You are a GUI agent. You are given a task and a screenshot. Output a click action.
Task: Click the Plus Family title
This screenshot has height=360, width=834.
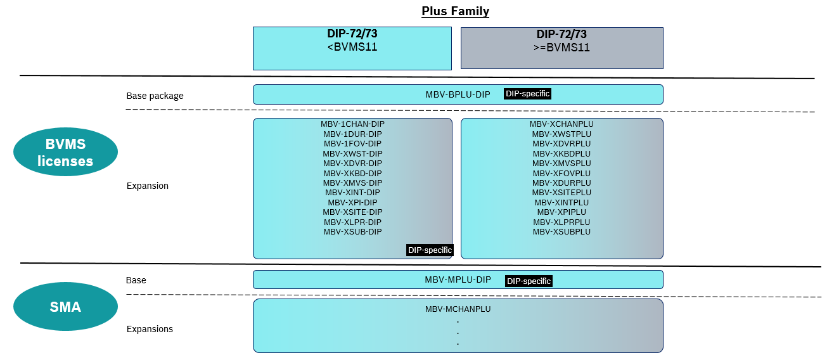point(455,11)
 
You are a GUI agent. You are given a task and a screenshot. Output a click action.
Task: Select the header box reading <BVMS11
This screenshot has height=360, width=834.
point(352,48)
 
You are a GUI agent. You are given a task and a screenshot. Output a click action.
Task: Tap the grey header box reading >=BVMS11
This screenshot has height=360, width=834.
point(561,48)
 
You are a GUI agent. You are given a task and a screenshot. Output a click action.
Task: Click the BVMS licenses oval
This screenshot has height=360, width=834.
point(65,153)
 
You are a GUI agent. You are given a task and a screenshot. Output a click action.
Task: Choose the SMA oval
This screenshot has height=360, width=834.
point(65,307)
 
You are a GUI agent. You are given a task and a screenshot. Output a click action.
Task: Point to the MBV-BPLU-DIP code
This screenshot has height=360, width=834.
point(458,94)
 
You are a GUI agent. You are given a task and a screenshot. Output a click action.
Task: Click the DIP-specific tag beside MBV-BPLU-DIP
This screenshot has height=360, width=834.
point(527,94)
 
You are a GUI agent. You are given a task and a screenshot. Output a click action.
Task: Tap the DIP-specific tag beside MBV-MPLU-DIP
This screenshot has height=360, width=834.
point(529,281)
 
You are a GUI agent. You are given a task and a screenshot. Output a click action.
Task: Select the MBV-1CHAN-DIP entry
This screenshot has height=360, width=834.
point(352,124)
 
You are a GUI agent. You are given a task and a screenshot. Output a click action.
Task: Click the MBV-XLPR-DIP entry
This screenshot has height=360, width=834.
point(352,222)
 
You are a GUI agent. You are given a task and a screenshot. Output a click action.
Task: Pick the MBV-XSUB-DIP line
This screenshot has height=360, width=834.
point(352,232)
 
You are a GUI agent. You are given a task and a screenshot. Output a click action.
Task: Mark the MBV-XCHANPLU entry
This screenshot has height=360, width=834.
point(561,124)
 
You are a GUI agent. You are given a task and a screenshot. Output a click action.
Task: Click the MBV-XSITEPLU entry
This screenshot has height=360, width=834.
point(561,193)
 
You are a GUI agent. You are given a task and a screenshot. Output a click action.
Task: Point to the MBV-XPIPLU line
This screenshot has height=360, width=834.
point(561,212)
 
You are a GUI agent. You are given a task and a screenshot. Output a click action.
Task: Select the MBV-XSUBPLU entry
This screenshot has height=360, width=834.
point(561,232)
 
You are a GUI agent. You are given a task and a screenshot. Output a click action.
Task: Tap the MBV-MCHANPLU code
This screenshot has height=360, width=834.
point(458,309)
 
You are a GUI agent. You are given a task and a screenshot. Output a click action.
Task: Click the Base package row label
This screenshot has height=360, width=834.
point(155,96)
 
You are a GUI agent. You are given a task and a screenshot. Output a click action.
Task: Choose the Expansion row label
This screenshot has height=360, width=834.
point(147,186)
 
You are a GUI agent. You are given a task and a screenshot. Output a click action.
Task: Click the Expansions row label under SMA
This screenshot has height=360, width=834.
point(150,329)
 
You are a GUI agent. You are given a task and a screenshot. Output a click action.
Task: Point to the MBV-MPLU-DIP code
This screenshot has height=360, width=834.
point(458,280)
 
